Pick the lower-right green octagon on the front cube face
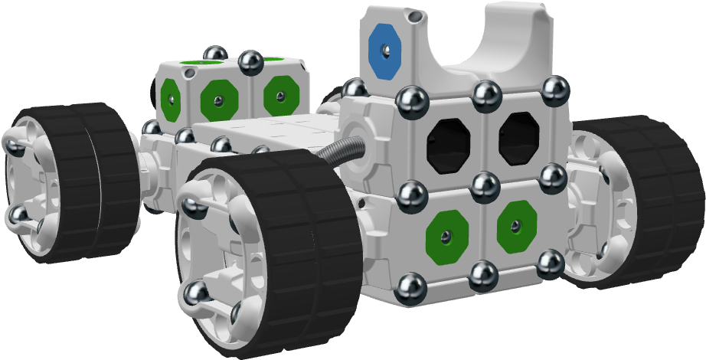tap(516, 226)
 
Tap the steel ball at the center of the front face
tap(485, 185)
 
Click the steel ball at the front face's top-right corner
tap(556, 90)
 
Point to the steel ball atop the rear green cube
tap(250, 60)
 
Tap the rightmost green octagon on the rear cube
tap(280, 96)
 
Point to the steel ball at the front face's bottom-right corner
tap(550, 263)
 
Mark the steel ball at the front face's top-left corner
tap(412, 100)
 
